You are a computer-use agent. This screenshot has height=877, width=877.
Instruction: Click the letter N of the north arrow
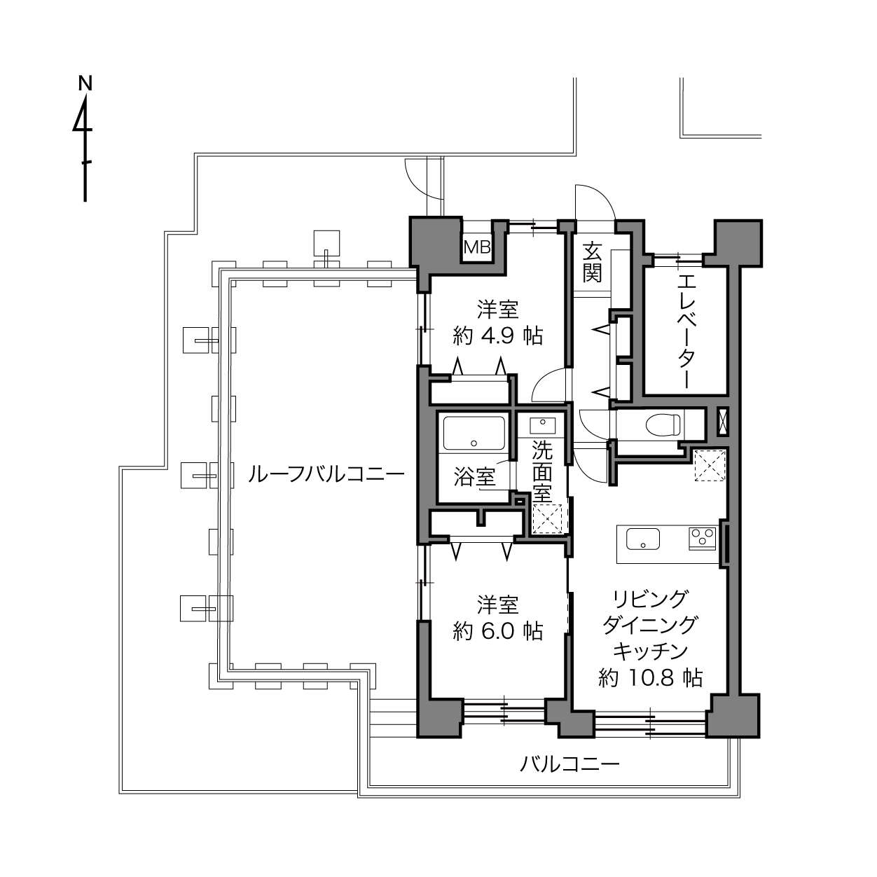pos(85,83)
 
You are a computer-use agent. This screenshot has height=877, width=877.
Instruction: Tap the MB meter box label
pos(477,247)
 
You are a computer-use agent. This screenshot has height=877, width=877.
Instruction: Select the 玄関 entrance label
pos(592,263)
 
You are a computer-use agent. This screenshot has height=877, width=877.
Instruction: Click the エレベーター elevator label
pos(686,331)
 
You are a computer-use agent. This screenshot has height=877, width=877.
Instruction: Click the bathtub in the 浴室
pos(474,433)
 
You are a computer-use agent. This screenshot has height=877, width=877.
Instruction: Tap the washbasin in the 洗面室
pos(542,425)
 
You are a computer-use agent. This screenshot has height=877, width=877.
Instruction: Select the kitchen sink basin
pos(642,539)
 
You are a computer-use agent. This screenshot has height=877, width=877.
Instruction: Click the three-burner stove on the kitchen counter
pos(703,538)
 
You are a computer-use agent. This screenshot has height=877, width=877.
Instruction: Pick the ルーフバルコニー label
pos(326,475)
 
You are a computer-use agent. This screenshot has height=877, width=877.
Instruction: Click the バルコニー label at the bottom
pos(570,764)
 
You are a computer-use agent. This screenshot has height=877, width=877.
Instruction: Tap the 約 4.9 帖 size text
pos(498,336)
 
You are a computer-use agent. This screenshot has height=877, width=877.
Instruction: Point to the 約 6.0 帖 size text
pos(498,631)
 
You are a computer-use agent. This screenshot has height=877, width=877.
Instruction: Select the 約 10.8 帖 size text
pos(650,677)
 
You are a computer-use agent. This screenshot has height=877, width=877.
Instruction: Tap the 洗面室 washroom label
pos(542,471)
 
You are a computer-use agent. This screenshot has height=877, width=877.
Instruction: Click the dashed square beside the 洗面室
pos(547,518)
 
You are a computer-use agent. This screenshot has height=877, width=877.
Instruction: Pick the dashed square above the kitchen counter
pos(710,465)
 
